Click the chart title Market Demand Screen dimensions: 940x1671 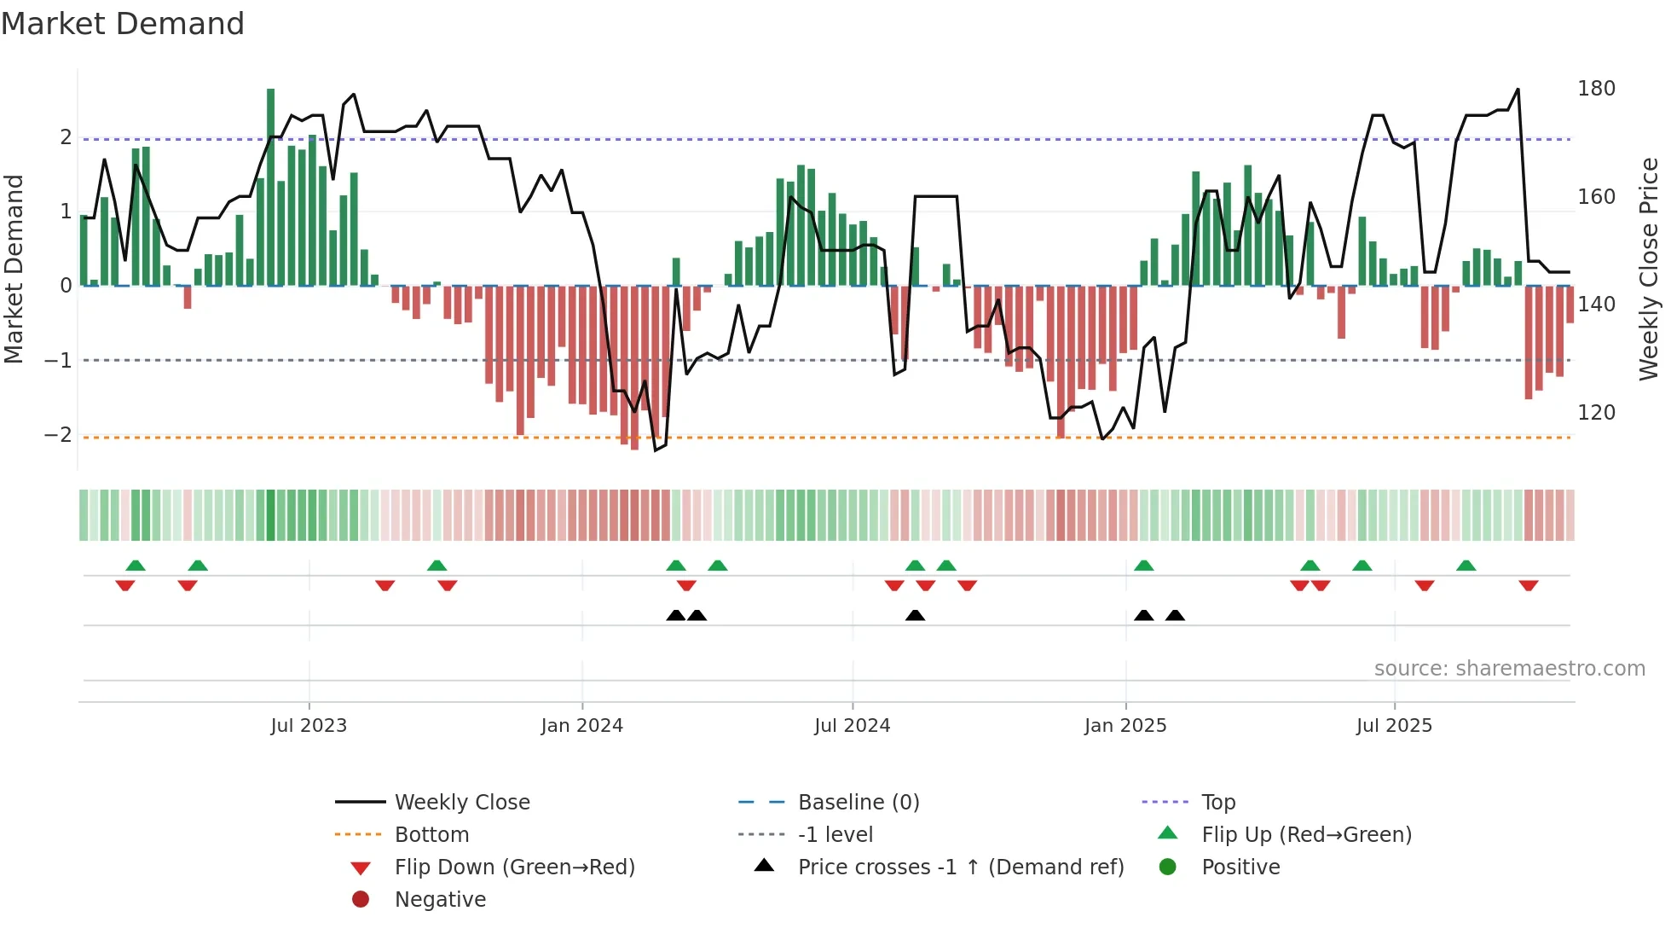coord(123,24)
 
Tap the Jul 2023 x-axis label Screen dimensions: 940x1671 coord(309,726)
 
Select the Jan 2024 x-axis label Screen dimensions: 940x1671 coord(582,726)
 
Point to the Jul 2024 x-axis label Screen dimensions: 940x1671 coord(853,726)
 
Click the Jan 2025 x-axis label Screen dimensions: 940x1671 coord(1125,726)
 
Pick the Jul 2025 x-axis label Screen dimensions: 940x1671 coord(1395,726)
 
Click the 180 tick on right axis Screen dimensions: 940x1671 coord(1596,89)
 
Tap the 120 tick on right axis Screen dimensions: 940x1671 coord(1596,413)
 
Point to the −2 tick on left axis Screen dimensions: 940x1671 coord(58,435)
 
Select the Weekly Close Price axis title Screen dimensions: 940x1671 coord(1649,269)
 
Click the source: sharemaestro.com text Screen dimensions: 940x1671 coord(1509,669)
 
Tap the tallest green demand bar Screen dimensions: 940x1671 coord(271,188)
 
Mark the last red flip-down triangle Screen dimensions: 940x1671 coord(1529,585)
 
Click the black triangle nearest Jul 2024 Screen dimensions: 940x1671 coord(915,615)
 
